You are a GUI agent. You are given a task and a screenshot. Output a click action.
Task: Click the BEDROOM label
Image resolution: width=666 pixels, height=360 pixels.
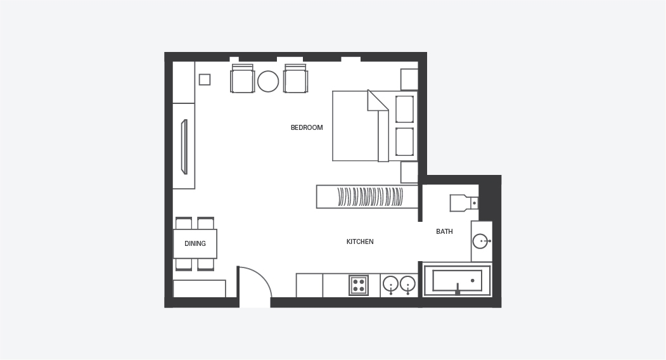coord(307,127)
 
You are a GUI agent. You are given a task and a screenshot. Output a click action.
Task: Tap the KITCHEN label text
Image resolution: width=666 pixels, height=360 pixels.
coord(360,242)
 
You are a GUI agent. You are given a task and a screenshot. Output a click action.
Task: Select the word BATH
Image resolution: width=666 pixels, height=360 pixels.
coord(444,231)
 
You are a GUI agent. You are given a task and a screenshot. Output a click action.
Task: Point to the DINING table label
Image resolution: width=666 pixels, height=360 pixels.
coord(195,243)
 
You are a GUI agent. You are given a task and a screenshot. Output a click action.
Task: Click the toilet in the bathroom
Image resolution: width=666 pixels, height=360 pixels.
coord(464,203)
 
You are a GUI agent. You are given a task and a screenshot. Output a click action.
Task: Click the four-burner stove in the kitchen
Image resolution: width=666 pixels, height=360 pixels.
coord(359,285)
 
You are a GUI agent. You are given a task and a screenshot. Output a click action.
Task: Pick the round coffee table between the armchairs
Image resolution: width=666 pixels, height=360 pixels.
coord(268,81)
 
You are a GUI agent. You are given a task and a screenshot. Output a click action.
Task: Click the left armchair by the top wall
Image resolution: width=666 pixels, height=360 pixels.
coord(243,79)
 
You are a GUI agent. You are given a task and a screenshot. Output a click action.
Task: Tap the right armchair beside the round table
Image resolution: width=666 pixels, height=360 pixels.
coord(296,79)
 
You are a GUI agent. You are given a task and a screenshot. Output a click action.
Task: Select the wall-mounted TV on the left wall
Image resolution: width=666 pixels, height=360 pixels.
coord(184,147)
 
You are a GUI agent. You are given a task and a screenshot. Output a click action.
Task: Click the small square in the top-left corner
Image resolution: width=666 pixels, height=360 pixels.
coord(205,79)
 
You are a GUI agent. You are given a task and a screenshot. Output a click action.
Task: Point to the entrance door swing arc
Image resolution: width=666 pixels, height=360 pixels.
coord(261,276)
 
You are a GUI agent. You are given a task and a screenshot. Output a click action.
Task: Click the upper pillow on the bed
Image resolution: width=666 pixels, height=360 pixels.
coord(404,109)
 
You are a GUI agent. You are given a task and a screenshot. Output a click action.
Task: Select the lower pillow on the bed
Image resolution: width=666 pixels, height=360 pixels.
coord(404,142)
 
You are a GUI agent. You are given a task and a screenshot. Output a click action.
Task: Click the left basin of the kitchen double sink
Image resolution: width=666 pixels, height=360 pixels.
coord(391,283)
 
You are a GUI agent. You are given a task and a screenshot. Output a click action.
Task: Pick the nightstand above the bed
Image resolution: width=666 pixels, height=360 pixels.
coord(409,79)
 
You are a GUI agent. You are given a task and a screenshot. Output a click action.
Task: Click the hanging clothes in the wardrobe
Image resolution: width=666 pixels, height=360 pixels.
coord(370,196)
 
